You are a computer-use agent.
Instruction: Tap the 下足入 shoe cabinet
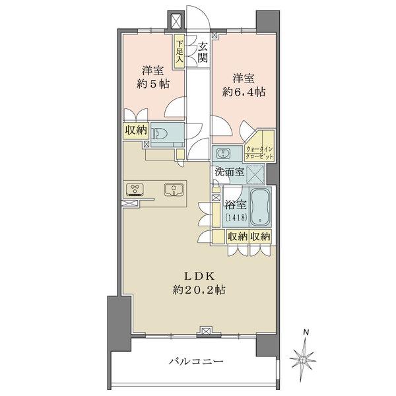point(180,51)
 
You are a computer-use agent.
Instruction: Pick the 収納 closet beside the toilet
point(135,131)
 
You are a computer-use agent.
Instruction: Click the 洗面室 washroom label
point(229,172)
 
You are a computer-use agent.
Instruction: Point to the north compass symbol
point(305,356)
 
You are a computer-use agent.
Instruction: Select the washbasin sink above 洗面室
point(222,154)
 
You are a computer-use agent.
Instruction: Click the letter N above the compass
point(305,332)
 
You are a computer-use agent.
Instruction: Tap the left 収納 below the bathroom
point(238,236)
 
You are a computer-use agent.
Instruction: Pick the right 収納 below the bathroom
point(261,236)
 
